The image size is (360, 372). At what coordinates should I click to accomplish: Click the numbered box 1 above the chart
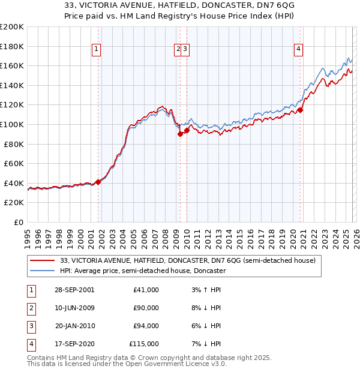(x=97, y=50)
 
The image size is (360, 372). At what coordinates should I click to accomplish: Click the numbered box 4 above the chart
(x=298, y=50)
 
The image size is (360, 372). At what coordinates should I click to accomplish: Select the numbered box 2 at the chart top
(x=178, y=50)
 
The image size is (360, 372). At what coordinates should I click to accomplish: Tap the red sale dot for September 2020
(x=301, y=110)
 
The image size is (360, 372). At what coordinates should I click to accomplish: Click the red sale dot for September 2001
(x=98, y=182)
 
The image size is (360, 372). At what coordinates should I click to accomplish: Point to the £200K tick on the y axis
(x=12, y=27)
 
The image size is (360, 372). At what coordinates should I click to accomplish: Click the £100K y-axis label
(x=12, y=124)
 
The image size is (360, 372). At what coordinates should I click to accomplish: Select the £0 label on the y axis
(x=18, y=222)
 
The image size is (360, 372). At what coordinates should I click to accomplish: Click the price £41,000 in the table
(x=146, y=290)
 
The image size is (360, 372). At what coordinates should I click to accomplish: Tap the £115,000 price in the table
(x=145, y=344)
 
